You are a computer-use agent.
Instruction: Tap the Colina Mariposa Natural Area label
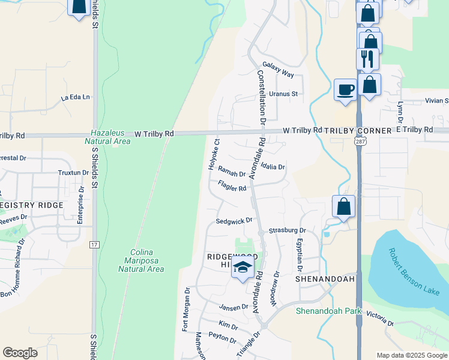(x=141, y=261)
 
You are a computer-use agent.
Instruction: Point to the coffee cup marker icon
(x=345, y=89)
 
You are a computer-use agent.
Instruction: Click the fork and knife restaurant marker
(x=367, y=58)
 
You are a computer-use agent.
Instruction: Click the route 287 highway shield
(x=358, y=139)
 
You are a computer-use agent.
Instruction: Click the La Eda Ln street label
(x=75, y=97)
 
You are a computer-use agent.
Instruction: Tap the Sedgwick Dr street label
(x=230, y=221)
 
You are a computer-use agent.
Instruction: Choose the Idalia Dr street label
(x=273, y=167)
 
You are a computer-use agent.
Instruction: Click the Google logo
(x=20, y=353)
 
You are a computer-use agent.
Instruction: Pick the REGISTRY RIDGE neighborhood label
(x=31, y=205)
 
